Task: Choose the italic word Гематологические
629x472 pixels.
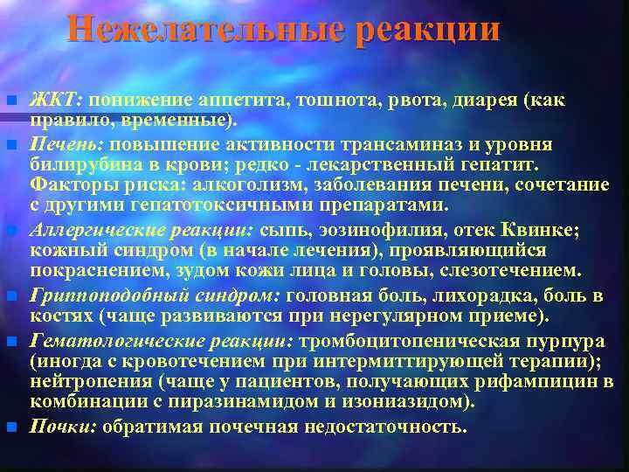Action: pyautogui.click(x=109, y=338)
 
